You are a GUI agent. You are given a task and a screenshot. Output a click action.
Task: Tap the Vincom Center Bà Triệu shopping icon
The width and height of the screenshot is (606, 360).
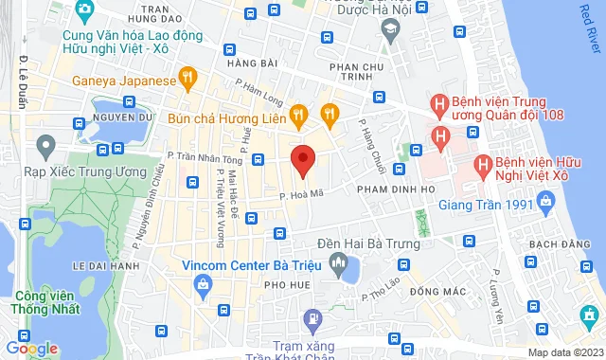pos(169,266)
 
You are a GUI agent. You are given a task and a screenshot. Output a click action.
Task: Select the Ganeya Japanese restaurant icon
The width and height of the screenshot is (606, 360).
pos(189,80)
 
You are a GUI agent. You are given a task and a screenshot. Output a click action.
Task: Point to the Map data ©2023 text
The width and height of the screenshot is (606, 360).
pos(564,352)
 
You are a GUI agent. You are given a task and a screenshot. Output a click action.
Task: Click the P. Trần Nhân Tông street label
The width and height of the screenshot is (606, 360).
pos(202,157)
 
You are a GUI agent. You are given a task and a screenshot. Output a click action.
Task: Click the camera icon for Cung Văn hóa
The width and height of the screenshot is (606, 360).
pos(84,9)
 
